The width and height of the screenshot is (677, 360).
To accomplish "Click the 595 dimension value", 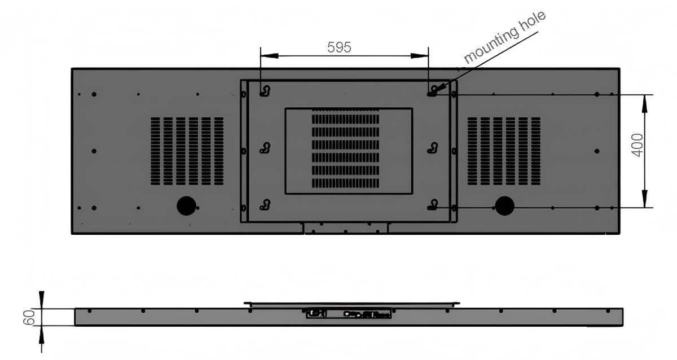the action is click(x=339, y=47).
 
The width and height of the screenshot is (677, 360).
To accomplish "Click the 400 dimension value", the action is click(x=637, y=145).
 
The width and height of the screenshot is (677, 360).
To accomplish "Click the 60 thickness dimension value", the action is click(x=29, y=317).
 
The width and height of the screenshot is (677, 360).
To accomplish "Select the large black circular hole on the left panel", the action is click(x=186, y=206).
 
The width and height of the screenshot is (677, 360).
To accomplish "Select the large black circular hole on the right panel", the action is click(x=504, y=206).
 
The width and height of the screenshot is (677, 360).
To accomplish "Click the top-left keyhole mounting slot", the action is click(x=265, y=91).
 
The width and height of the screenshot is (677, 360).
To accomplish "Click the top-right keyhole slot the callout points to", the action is click(x=433, y=91).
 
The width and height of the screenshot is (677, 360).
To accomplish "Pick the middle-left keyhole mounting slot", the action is click(x=265, y=148).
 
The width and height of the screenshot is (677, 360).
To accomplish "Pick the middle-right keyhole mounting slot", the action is click(x=433, y=148).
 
